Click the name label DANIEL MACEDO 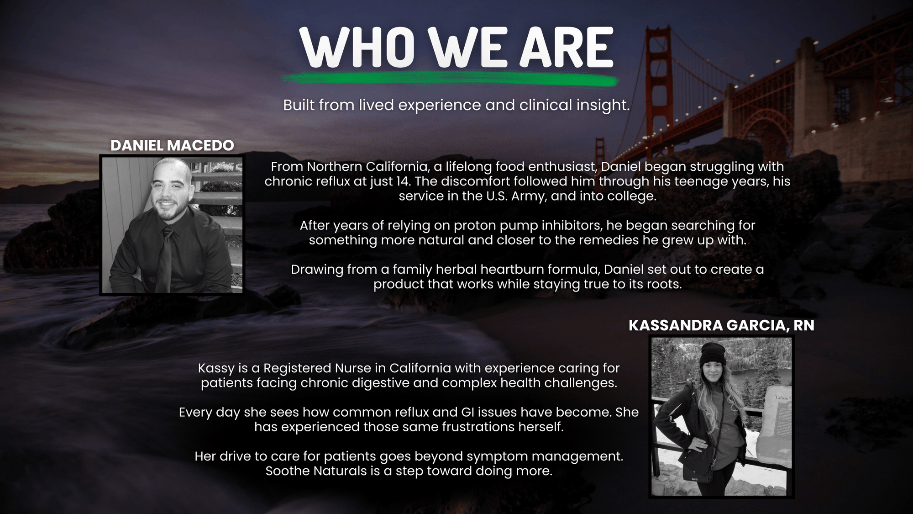click(x=172, y=145)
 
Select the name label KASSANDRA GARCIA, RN click(x=721, y=325)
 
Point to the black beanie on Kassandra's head click(x=713, y=354)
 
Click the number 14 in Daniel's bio click(x=403, y=181)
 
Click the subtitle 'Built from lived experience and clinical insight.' click(x=456, y=105)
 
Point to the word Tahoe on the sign click(x=781, y=397)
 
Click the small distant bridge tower click(x=599, y=151)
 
